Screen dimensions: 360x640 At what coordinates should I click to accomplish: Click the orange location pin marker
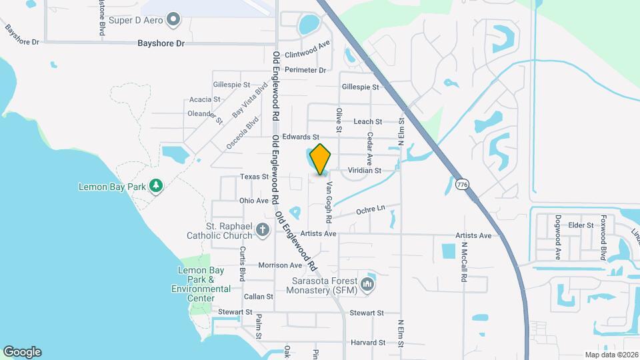(x=321, y=159)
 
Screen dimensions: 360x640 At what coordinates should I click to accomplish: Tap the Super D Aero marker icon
(x=173, y=19)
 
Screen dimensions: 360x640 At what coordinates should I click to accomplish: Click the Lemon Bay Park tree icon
(x=156, y=185)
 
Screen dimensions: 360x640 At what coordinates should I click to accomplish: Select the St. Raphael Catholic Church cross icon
(x=263, y=230)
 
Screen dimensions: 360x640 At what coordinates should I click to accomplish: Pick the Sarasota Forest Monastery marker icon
(x=367, y=286)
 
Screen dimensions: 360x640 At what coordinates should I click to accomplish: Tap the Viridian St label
(x=364, y=171)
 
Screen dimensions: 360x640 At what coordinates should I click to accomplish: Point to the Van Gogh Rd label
(x=329, y=199)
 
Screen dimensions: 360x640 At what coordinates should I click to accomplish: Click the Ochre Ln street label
(x=371, y=209)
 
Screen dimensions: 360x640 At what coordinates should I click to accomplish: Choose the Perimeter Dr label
(x=305, y=70)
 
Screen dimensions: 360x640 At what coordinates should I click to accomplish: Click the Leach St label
(x=367, y=122)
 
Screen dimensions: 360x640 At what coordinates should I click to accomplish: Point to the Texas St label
(x=254, y=177)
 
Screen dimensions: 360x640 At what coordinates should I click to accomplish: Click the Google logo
(x=22, y=351)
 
